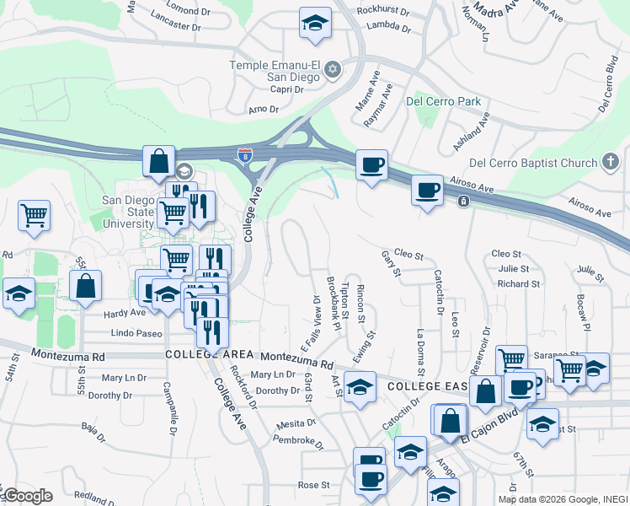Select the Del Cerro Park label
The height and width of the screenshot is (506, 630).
(x=443, y=101)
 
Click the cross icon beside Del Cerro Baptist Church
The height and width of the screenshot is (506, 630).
(x=611, y=161)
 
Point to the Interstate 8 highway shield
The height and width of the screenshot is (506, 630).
(x=244, y=155)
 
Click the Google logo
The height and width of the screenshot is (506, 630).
(x=27, y=496)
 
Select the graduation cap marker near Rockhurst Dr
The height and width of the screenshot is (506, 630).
(x=315, y=24)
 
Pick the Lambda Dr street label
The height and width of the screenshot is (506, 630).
(x=388, y=27)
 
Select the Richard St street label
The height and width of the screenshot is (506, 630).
(x=518, y=284)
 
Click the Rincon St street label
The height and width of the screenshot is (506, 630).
(x=360, y=304)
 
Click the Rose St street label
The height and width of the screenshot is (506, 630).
(x=313, y=485)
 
